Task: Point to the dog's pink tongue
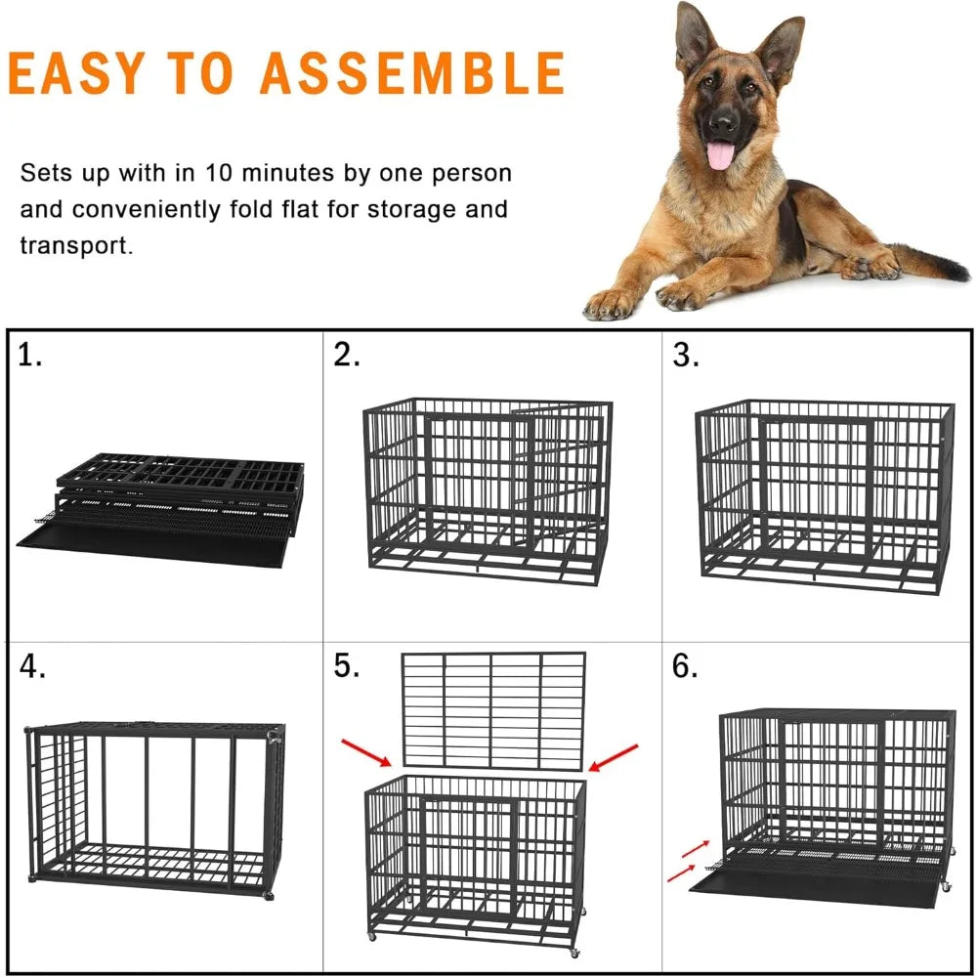(x=720, y=154)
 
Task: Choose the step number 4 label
(x=32, y=667)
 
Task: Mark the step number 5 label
(x=347, y=667)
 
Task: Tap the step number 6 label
(x=686, y=667)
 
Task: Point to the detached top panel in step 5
(x=493, y=709)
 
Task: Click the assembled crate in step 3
(x=824, y=495)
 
